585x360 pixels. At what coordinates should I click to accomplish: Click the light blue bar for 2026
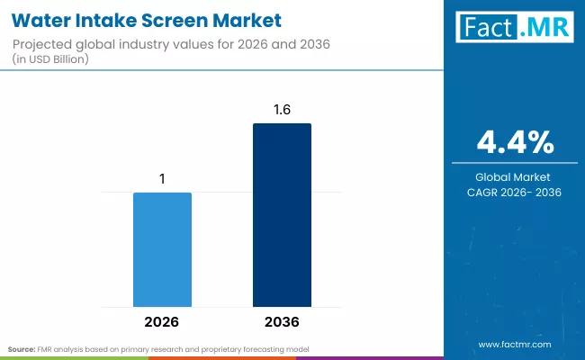[162, 248]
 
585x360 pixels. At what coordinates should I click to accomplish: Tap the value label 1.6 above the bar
[282, 110]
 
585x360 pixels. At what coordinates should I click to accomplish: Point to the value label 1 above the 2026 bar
[162, 179]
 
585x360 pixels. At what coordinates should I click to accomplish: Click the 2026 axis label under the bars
[162, 321]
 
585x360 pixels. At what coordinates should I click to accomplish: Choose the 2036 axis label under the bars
[282, 321]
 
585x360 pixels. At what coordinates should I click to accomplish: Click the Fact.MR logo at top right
[515, 28]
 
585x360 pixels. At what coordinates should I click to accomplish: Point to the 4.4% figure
[515, 142]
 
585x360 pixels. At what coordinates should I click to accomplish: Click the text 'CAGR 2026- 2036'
[515, 192]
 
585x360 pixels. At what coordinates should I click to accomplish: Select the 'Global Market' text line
[515, 176]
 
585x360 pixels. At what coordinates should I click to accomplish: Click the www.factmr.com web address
[515, 345]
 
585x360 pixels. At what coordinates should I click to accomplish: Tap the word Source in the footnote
[21, 348]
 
